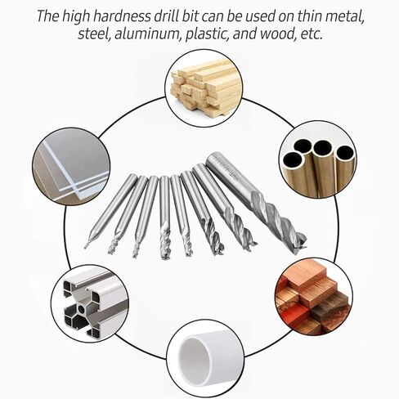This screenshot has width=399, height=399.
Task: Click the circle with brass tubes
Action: coord(316,160)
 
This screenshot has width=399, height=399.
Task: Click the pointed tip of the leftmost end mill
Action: coord(86,245)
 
